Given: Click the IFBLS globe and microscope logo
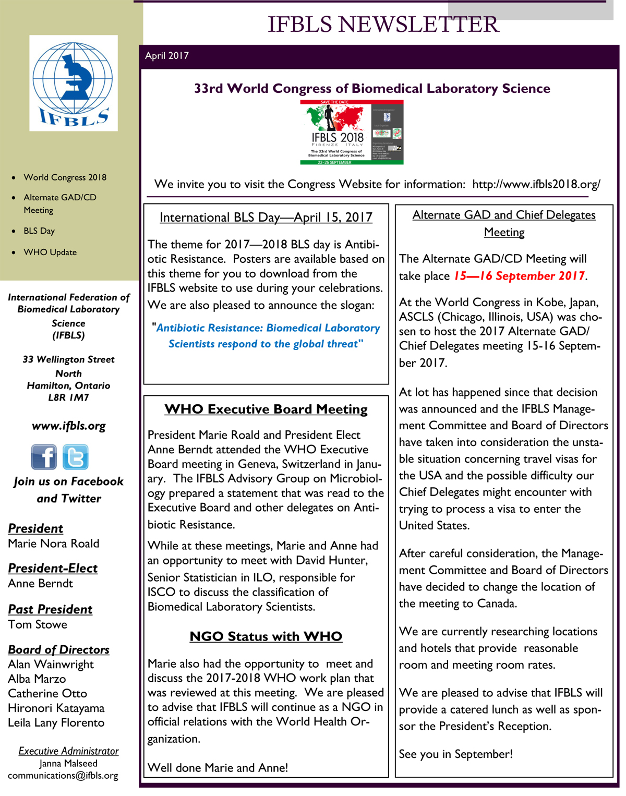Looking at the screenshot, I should (73, 83).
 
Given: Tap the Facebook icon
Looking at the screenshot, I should (44, 457).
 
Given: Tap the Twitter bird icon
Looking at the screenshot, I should (76, 457).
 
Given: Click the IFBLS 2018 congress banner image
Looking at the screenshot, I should (352, 132).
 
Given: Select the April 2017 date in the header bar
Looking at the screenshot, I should (167, 56).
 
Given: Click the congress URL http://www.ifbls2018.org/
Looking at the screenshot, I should (536, 184).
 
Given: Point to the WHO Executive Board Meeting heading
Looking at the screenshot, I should (266, 409).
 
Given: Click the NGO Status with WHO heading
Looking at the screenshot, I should (266, 636).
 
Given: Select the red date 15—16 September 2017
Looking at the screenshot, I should (519, 276).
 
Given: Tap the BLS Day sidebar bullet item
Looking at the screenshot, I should (39, 231).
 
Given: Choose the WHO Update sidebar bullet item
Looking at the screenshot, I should (50, 252).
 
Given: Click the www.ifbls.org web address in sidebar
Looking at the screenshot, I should (68, 426).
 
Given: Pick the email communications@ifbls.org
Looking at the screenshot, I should (63, 776).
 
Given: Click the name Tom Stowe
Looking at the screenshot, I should (38, 624).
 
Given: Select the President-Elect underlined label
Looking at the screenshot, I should (53, 568).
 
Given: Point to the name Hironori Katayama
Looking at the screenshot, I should (56, 708).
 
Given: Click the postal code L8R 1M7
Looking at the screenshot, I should (68, 397).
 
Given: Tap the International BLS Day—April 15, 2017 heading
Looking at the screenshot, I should (266, 218).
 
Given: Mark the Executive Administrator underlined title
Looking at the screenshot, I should (68, 751).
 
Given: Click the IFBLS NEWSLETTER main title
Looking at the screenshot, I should (383, 25).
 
